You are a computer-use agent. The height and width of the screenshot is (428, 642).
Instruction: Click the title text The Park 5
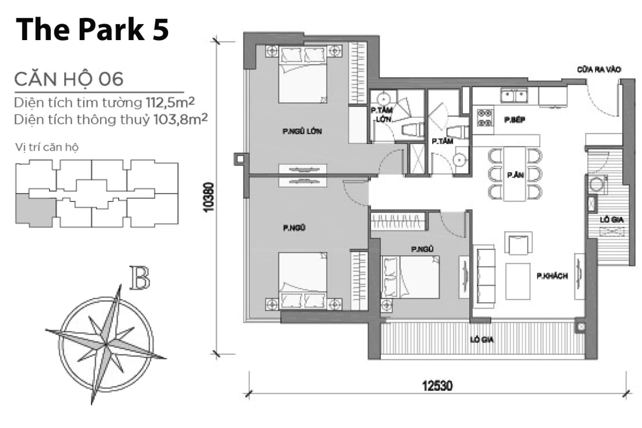click(x=92, y=30)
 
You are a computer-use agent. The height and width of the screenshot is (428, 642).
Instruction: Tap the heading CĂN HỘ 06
click(x=69, y=79)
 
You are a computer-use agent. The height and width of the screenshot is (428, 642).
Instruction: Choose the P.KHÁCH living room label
click(x=552, y=276)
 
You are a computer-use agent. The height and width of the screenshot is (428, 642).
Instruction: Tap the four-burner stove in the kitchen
click(x=485, y=118)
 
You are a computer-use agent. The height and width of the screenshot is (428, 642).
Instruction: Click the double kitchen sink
click(x=514, y=96)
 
